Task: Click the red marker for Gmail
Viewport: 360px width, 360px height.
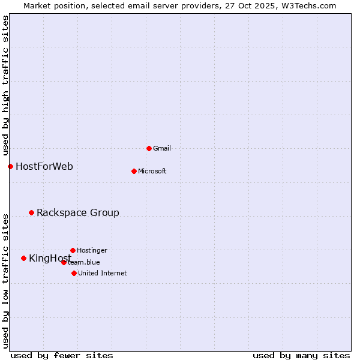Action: (149, 148)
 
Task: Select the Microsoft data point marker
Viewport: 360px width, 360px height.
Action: (134, 171)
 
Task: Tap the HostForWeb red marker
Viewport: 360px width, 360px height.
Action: (10, 166)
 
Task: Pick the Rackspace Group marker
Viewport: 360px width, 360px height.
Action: (31, 212)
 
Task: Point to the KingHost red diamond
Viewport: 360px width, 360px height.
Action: (23, 258)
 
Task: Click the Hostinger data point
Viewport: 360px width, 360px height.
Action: (73, 250)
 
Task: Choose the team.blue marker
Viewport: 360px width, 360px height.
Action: (64, 262)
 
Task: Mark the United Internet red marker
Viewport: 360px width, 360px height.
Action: (74, 273)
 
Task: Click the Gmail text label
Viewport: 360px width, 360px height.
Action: (162, 148)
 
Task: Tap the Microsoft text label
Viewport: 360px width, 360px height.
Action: (152, 171)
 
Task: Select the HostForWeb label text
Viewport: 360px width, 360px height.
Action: (44, 166)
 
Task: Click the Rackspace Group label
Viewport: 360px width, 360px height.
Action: (78, 212)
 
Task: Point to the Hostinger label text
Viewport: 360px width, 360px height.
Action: (92, 250)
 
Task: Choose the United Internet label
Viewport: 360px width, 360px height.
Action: (103, 273)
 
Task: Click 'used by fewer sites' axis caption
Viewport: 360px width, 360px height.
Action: (62, 355)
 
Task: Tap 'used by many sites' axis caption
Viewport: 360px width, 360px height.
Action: (301, 355)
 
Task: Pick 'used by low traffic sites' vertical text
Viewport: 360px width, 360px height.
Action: (5, 280)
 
